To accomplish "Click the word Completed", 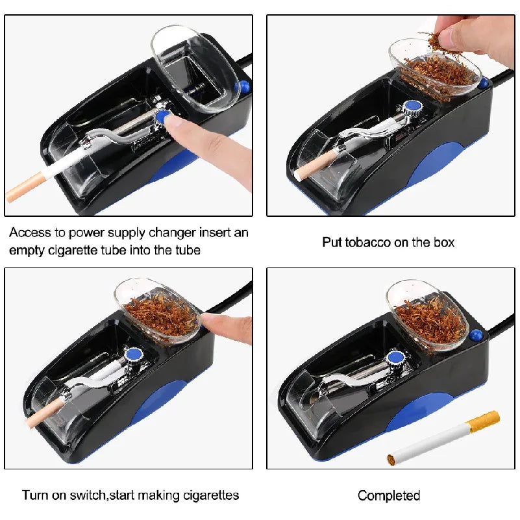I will click(389, 496).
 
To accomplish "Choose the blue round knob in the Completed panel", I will click(395, 356).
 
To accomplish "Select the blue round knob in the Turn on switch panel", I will click(134, 354).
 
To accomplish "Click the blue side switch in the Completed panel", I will click(478, 335).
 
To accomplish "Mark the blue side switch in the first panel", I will click(245, 88).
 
